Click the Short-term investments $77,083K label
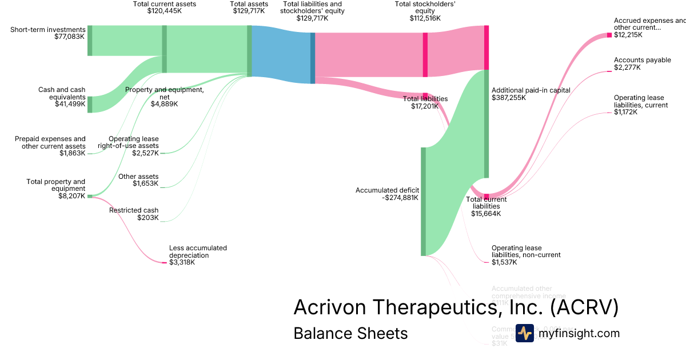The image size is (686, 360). tap(47, 33)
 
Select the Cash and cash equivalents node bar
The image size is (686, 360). tap(90, 105)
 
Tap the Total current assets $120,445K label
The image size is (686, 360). tap(164, 7)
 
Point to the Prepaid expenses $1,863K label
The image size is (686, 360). tap(50, 146)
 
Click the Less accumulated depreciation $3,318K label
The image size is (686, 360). tap(198, 255)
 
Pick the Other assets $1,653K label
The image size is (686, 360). tap(138, 180)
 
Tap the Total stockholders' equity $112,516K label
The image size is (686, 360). tap(425, 11)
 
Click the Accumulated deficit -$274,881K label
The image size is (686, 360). tap(387, 194)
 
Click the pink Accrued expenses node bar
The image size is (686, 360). tap(609, 35)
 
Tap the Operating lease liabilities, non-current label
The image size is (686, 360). tap(526, 255)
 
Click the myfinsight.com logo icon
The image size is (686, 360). tap(525, 333)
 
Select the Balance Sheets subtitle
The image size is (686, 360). tap(350, 333)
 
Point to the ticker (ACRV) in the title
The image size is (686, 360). tap(584, 307)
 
